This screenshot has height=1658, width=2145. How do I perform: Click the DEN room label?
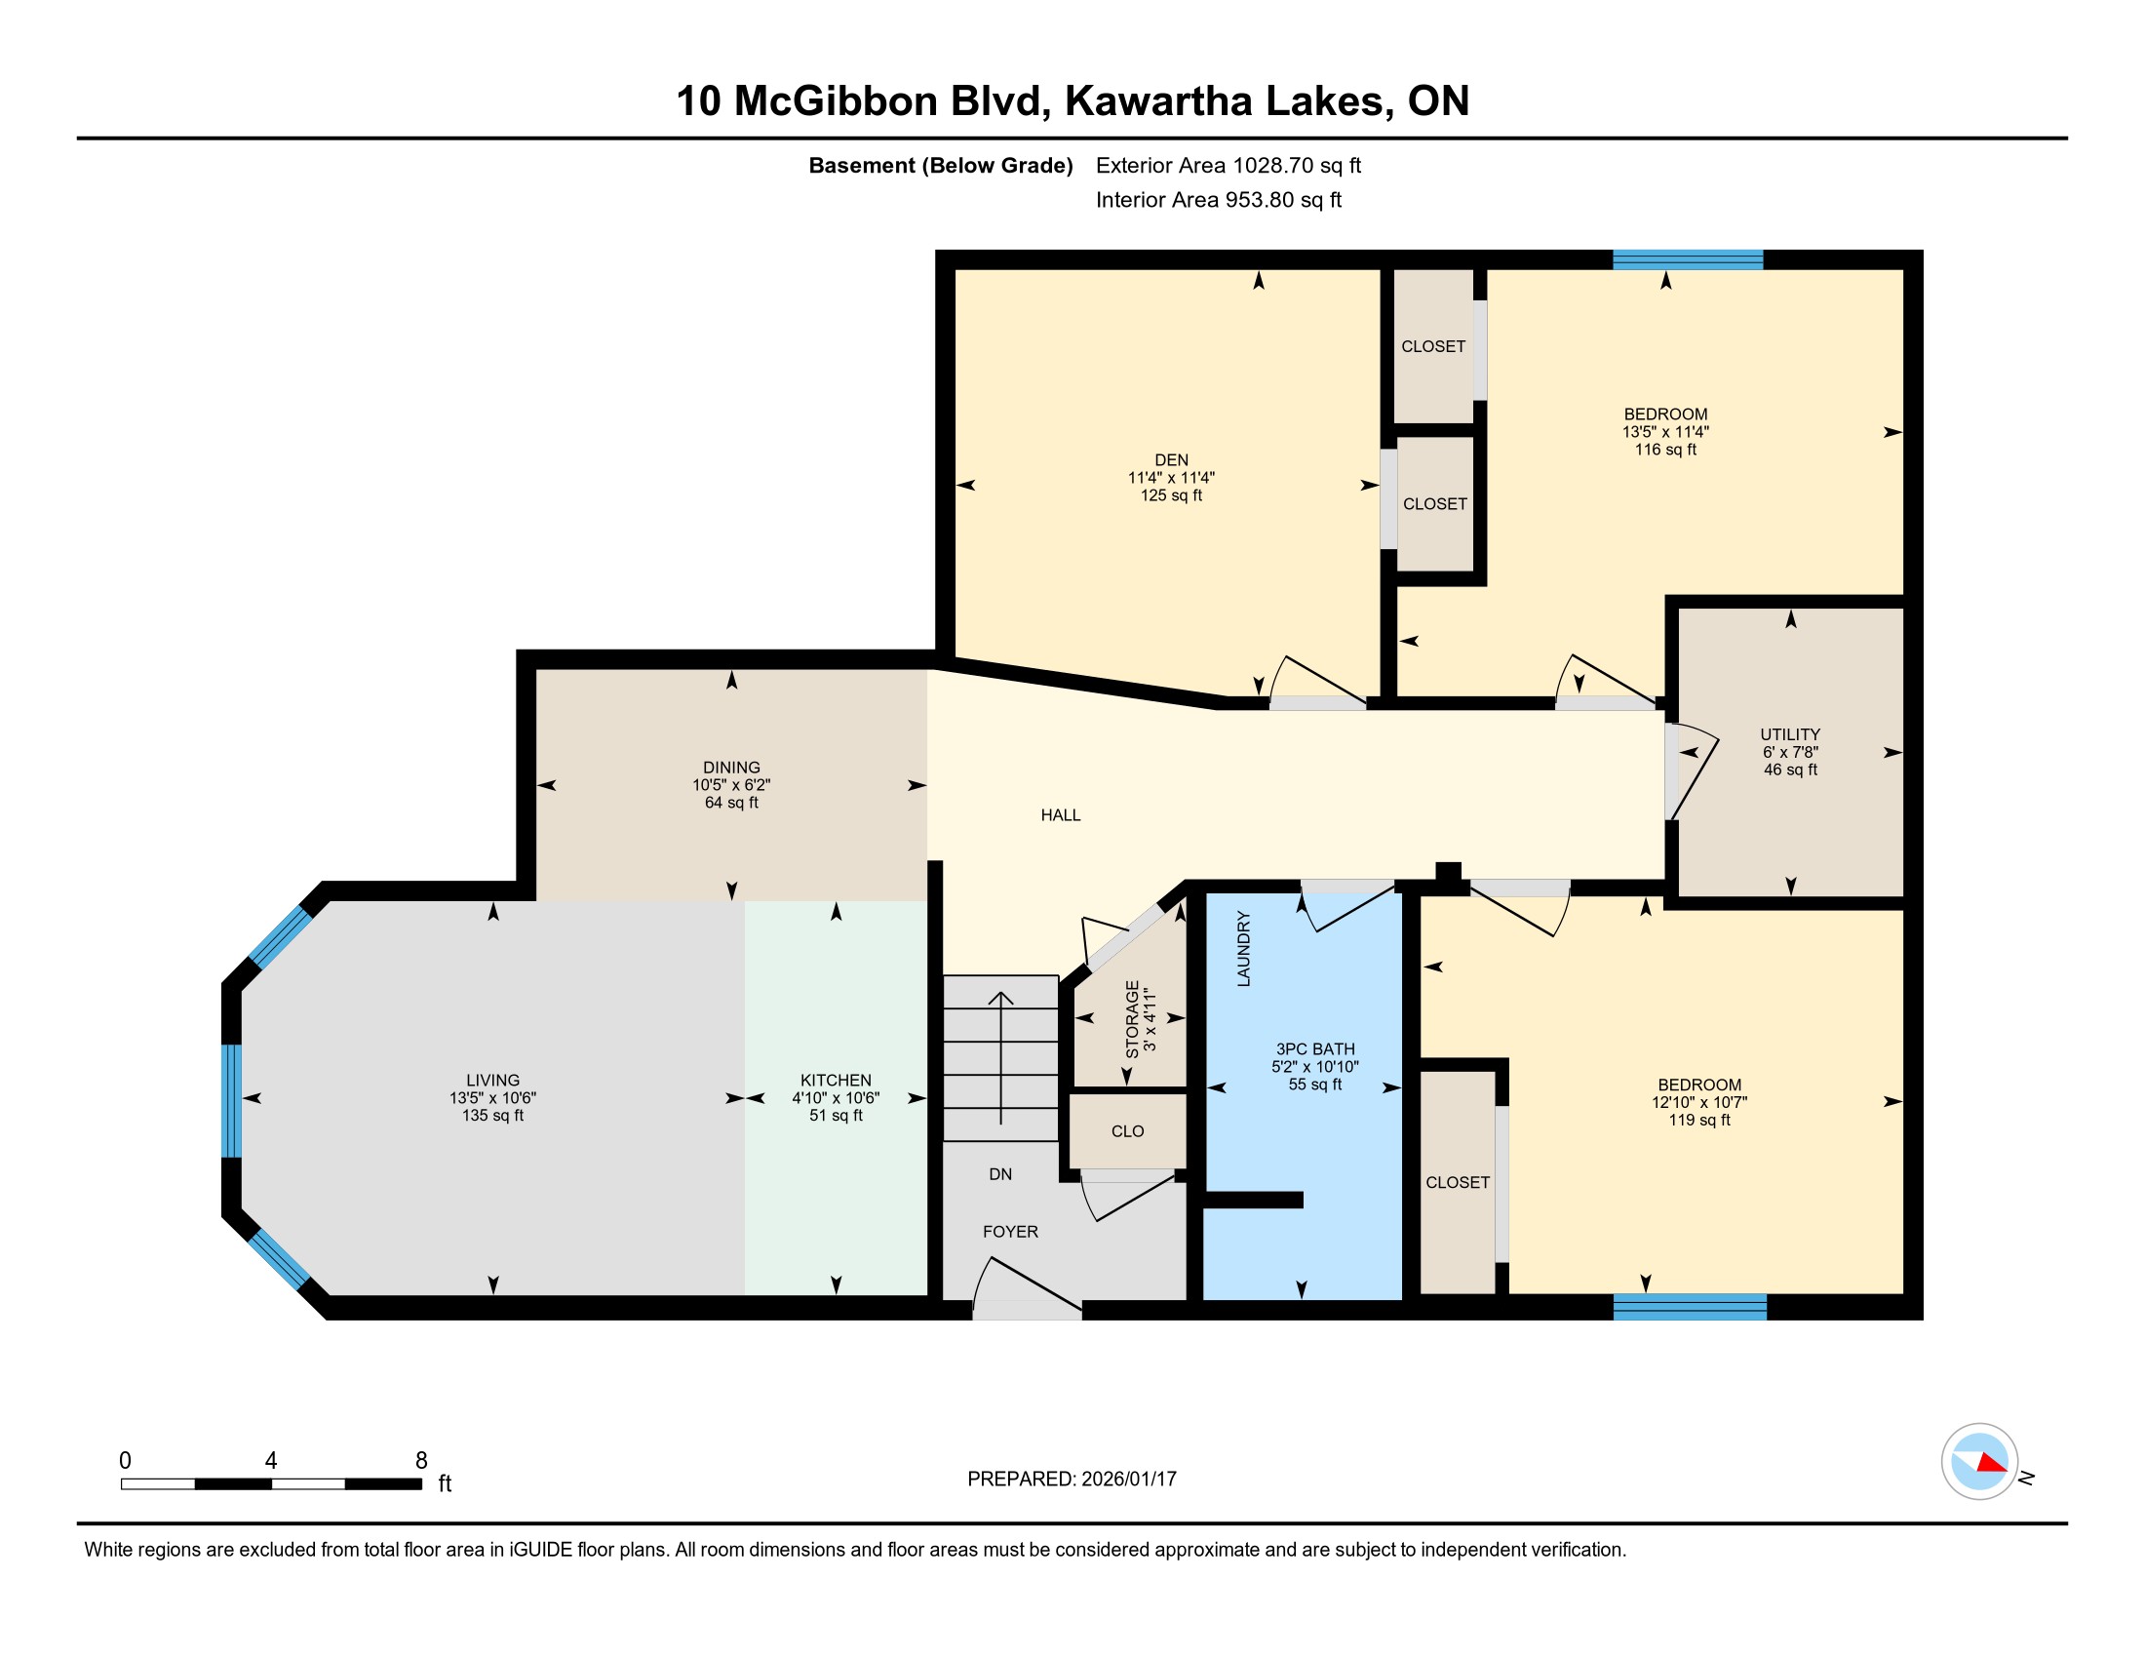click(1171, 459)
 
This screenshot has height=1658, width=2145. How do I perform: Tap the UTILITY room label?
click(1789, 734)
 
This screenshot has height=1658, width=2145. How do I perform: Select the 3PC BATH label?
click(1314, 1049)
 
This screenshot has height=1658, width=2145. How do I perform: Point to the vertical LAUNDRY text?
click(1243, 949)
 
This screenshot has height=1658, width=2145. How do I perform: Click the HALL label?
click(1061, 815)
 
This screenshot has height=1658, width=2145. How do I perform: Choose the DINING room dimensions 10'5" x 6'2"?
click(730, 785)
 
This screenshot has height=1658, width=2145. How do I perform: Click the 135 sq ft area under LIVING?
click(493, 1116)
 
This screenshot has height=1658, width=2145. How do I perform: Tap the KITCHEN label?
click(836, 1081)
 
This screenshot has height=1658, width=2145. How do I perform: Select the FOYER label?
click(1011, 1232)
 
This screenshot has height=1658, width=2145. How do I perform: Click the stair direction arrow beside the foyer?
click(1000, 1058)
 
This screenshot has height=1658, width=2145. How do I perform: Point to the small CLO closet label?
click(1127, 1131)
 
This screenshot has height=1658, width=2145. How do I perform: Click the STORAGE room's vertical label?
click(1132, 1018)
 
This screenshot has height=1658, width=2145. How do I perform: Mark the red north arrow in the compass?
click(1992, 1464)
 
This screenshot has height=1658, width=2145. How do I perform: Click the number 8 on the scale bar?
click(421, 1461)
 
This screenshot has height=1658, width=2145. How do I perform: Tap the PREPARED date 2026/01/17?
click(1127, 1480)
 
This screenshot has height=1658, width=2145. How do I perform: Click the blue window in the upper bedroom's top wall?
click(1688, 260)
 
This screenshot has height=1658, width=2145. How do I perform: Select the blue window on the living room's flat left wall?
click(232, 1101)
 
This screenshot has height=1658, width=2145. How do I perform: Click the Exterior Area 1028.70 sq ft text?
click(1228, 166)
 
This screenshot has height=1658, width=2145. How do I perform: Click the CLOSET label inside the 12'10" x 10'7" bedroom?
click(1458, 1183)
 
